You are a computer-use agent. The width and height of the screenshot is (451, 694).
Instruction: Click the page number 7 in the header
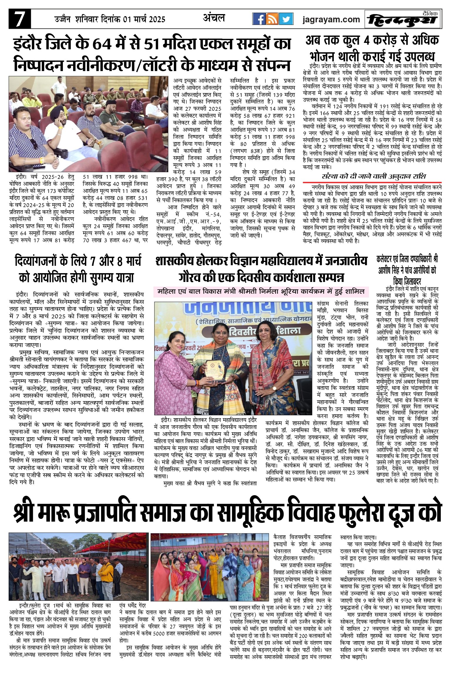click(19, 19)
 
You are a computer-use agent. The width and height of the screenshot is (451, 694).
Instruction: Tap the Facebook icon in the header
click(259, 19)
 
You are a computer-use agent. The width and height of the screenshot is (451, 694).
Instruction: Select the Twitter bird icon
click(286, 19)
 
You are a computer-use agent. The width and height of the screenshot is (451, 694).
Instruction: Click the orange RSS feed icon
click(272, 19)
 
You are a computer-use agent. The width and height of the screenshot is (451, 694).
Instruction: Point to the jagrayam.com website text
click(331, 20)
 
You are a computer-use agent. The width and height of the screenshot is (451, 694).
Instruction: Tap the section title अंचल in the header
click(214, 18)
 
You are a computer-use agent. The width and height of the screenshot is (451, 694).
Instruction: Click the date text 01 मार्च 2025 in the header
click(144, 19)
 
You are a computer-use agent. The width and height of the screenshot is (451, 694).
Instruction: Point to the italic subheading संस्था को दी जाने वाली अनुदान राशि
click(374, 177)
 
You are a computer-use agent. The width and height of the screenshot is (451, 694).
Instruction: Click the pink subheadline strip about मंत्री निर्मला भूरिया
click(261, 292)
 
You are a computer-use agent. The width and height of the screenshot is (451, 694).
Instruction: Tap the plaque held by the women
click(216, 371)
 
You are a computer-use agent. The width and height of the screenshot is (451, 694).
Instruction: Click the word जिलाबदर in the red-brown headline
click(408, 282)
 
